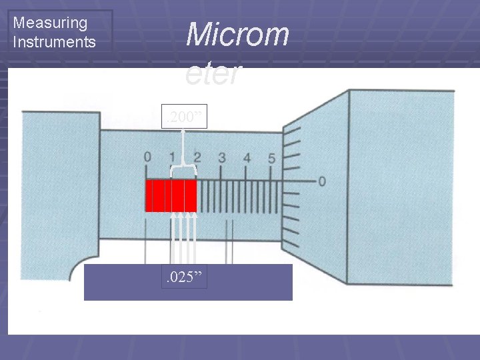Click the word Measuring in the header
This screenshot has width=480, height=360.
click(50, 23)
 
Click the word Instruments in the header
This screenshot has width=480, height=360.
click(55, 42)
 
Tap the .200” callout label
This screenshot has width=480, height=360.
click(185, 119)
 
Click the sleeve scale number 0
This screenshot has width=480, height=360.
click(147, 158)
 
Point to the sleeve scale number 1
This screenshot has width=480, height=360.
click(172, 158)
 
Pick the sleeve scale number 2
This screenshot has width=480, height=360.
click(197, 158)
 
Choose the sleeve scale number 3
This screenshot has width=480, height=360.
click(222, 158)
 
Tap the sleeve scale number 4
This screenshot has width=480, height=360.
click(247, 158)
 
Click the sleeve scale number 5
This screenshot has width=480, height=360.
click(271, 158)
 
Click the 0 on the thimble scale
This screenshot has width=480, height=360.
click(322, 181)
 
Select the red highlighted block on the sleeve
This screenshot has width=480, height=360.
click(171, 195)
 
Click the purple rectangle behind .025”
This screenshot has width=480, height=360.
click(253, 283)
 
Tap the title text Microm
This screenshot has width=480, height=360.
click(237, 35)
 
